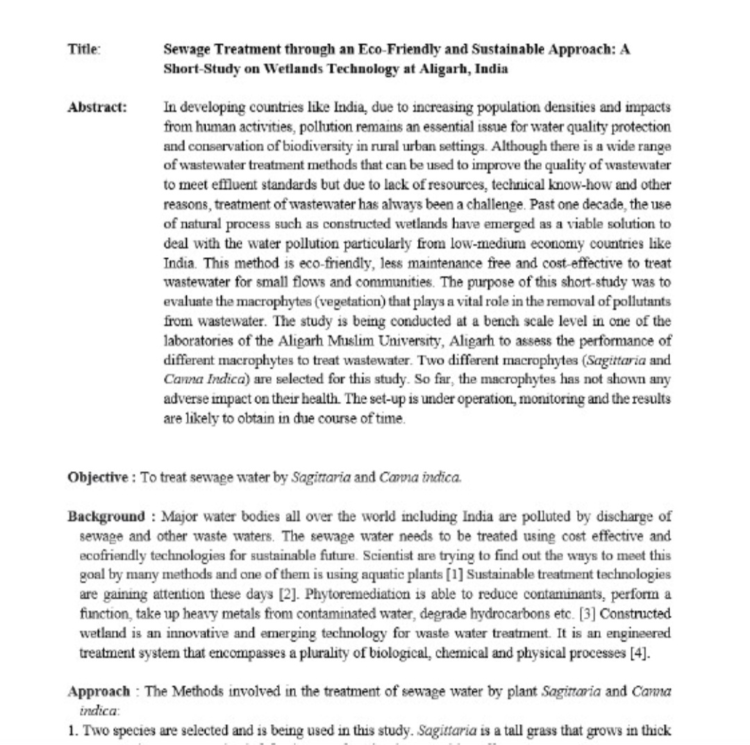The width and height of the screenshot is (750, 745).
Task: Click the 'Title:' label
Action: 84,51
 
